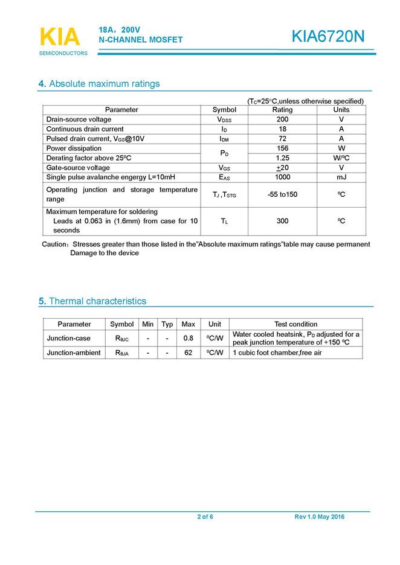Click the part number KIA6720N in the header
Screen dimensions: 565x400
click(x=328, y=37)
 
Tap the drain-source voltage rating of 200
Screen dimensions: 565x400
click(x=282, y=120)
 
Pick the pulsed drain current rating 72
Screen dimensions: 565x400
click(x=282, y=139)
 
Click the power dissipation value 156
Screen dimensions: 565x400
click(x=282, y=148)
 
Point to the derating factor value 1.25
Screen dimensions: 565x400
click(x=282, y=158)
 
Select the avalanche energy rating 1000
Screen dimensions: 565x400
click(x=282, y=177)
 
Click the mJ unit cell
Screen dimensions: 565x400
click(x=341, y=177)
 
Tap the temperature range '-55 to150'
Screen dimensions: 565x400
click(x=282, y=194)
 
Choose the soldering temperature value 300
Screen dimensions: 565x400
click(x=282, y=222)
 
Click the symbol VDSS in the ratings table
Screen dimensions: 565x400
click(x=224, y=120)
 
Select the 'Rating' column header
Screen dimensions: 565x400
click(x=282, y=110)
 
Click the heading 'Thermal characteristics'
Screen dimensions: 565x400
click(x=97, y=301)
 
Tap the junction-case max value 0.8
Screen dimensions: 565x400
click(x=188, y=338)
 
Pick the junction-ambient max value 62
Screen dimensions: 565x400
click(x=188, y=353)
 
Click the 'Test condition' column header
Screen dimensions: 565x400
click(x=295, y=324)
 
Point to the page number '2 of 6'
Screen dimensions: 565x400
click(x=205, y=517)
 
